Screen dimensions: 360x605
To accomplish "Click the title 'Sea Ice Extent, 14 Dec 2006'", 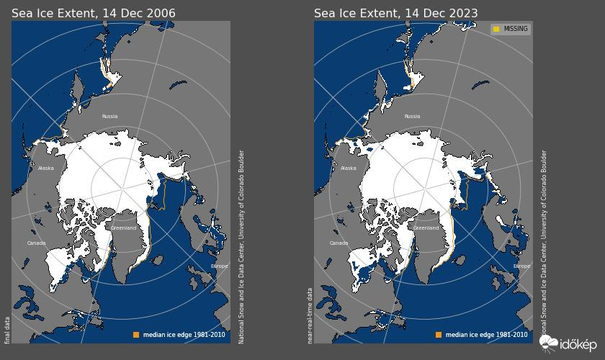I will pos(93,13).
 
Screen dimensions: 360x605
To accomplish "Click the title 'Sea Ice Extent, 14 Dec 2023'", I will pos(395,13).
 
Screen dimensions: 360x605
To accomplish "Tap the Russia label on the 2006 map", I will pos(109,116).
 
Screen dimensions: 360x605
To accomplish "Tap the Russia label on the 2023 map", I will pos(412,116).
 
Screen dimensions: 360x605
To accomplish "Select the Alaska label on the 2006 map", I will pos(45,168).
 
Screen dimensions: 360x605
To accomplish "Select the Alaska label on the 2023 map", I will pos(348,168).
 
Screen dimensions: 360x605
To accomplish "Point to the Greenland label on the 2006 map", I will pos(123,228).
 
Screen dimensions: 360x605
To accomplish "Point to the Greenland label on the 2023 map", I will pos(426,228).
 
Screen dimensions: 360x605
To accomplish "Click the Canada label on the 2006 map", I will pos(36,243).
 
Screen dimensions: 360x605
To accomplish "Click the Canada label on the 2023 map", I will pos(339,243).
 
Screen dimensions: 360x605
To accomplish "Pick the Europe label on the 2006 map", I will pos(219,266).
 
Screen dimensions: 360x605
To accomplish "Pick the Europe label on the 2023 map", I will pos(521,266).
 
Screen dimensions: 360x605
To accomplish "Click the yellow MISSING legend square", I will pos(496,30).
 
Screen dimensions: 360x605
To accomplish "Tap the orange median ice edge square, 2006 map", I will pos(135,335).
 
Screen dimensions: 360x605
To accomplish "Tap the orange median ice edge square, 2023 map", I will pos(438,335).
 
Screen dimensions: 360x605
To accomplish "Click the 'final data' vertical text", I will pos(7,330).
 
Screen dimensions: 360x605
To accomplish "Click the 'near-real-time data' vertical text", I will pos(310,315).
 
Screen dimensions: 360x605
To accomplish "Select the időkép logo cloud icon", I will pos(549,343).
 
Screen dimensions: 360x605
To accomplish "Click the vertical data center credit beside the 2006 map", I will pos(241,246).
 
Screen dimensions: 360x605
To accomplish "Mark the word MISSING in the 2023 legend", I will pos(516,30).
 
